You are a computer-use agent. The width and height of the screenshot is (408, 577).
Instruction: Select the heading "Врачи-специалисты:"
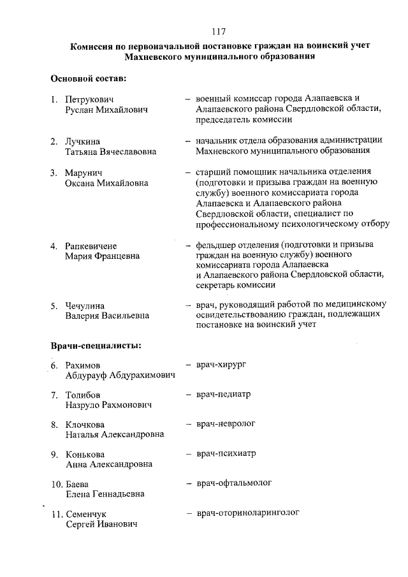[x=96, y=346]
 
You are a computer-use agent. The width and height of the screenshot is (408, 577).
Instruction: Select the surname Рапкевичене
[x=95, y=245]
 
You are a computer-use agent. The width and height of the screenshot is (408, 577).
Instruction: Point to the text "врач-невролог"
[x=226, y=424]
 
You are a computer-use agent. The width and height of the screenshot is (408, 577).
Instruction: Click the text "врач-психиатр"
[x=226, y=454]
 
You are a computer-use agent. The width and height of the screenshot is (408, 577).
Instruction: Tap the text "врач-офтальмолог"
[x=234, y=483]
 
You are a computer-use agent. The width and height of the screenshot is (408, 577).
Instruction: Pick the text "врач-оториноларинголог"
[x=248, y=513]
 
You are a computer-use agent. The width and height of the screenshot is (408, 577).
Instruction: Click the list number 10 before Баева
[x=56, y=484]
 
